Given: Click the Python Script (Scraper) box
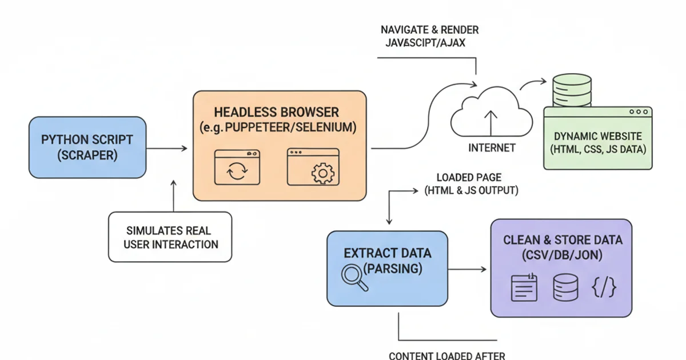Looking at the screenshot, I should tap(87, 147).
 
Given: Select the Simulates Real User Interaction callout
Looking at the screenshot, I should tap(170, 237).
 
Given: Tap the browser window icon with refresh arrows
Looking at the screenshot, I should tap(236, 168).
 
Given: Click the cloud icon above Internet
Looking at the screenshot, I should tap(490, 111).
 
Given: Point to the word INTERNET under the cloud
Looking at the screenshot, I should tap(492, 148).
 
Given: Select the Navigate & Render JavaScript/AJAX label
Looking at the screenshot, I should tap(429, 36).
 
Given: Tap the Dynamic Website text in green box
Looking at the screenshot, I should tap(598, 137).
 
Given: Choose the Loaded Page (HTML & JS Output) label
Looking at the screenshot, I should tap(470, 184).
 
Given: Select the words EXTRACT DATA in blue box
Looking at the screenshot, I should tap(387, 253).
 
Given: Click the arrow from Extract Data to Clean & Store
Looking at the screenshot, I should tap(468, 268).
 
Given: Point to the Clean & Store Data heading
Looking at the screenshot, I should tap(563, 240).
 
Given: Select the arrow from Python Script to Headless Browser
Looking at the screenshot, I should tap(166, 149).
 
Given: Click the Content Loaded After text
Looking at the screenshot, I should tap(446, 355).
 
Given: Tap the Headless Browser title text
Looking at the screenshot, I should tap(276, 112).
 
